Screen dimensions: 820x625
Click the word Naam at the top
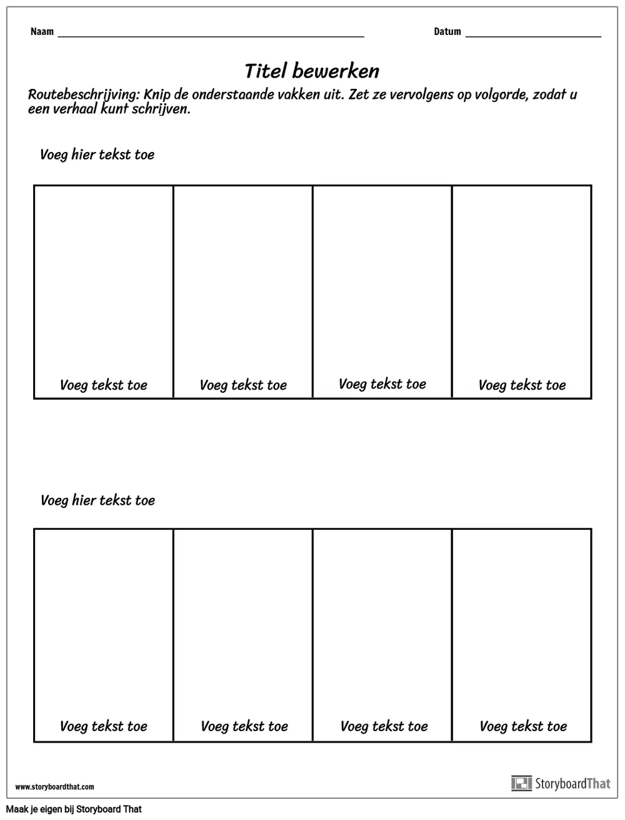(x=42, y=32)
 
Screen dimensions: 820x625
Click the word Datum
(x=447, y=32)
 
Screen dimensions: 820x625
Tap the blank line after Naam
(x=211, y=36)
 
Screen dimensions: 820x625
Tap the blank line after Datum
(x=533, y=36)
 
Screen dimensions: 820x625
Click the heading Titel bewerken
(x=312, y=71)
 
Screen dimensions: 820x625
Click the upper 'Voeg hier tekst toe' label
(x=97, y=154)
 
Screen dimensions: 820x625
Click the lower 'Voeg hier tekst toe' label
(x=97, y=500)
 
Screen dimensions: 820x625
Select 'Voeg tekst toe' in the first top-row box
(x=104, y=385)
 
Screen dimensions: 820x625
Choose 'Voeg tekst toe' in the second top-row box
(x=243, y=385)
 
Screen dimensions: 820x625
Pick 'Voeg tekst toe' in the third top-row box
(x=382, y=384)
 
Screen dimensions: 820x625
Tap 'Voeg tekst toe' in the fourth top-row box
(x=522, y=385)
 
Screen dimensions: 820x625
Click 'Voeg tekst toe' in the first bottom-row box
(x=104, y=726)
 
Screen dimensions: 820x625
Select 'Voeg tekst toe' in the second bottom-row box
(x=244, y=726)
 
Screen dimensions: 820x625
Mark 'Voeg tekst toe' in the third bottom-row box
(x=384, y=726)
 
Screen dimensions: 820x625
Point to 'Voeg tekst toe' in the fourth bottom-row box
(x=523, y=726)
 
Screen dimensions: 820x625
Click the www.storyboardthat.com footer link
(x=54, y=787)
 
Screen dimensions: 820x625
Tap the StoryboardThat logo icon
(x=521, y=783)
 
